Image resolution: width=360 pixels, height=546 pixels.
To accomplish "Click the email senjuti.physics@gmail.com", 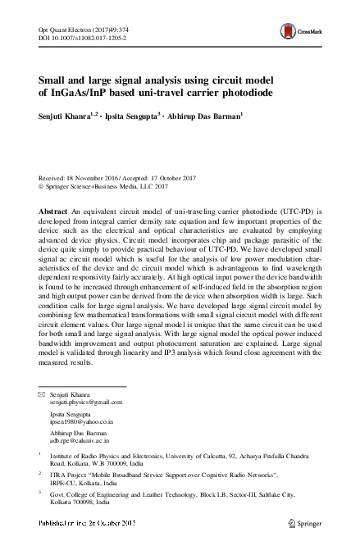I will click(x=85, y=403).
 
